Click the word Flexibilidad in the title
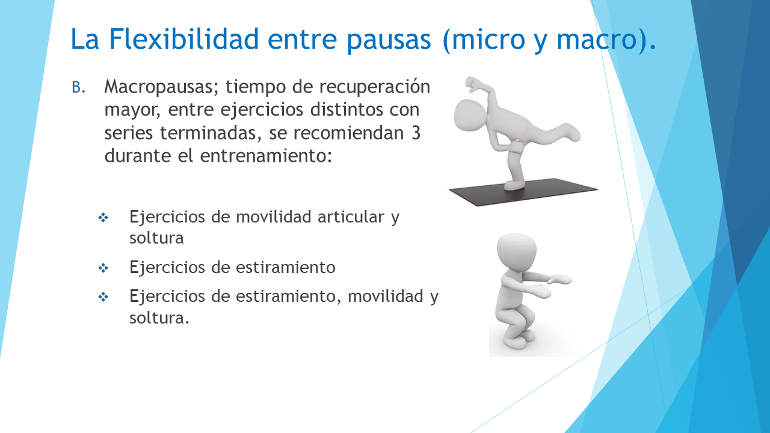coord(183,38)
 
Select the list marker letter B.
coord(78,88)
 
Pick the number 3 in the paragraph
coord(416,133)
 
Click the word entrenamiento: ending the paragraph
coord(266,156)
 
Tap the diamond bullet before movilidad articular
coord(103,218)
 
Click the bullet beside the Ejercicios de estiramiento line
coord(103,268)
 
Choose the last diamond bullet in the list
coord(103,297)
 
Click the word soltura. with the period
coord(159,317)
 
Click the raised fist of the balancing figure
coord(472,84)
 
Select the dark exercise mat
coord(523,192)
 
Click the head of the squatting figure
coord(517,252)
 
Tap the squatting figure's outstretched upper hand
coord(560,280)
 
